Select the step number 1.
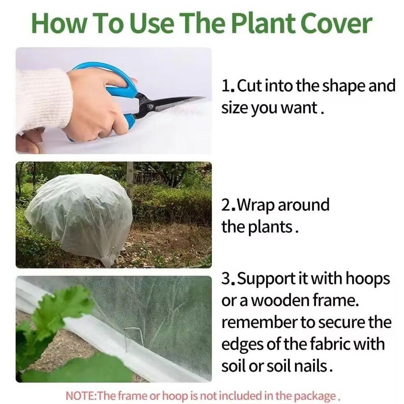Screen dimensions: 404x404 click(227, 86)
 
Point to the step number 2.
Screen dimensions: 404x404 click(227, 206)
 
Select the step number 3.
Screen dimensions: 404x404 click(227, 279)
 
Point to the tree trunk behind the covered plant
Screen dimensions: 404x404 click(130, 178)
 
